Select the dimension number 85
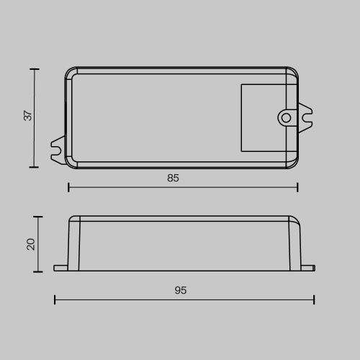click(x=173, y=178)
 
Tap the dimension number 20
click(x=31, y=243)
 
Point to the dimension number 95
click(x=181, y=290)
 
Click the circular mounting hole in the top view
click(x=286, y=117)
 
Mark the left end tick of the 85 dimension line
click(x=68, y=187)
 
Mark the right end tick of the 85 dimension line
click(x=297, y=187)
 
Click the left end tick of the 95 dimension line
click(x=55, y=300)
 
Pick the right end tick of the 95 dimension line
click(x=314, y=300)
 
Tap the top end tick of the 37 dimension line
click(x=34, y=68)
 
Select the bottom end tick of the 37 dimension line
click(x=34, y=167)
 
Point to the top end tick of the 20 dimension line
click(x=39, y=216)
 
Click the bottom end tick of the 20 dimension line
click(x=39, y=271)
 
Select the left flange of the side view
click(x=60, y=268)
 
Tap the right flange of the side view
click(x=308, y=268)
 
